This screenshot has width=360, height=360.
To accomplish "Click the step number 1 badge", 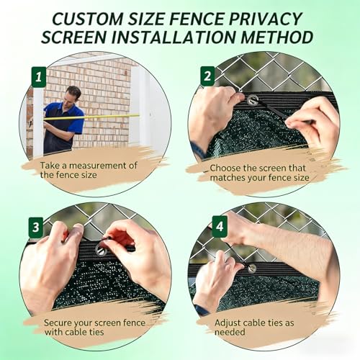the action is [39, 77].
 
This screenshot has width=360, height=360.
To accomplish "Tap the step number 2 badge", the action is [207, 76].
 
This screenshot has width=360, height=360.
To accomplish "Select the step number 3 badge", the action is [36, 227].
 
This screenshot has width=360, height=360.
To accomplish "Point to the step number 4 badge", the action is [220, 225].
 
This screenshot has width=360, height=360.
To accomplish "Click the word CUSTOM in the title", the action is [87, 19].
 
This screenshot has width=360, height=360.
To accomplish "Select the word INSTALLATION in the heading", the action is [174, 37].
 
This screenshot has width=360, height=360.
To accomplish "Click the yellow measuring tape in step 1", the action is [91, 117].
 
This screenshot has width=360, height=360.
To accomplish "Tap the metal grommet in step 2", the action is [252, 99].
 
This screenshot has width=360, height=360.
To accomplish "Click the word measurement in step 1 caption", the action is [103, 166].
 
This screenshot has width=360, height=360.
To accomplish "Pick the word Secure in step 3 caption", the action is [58, 323].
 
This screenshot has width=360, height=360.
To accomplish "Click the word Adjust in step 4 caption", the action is [228, 323].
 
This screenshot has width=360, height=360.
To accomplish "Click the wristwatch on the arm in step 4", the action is [201, 310].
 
